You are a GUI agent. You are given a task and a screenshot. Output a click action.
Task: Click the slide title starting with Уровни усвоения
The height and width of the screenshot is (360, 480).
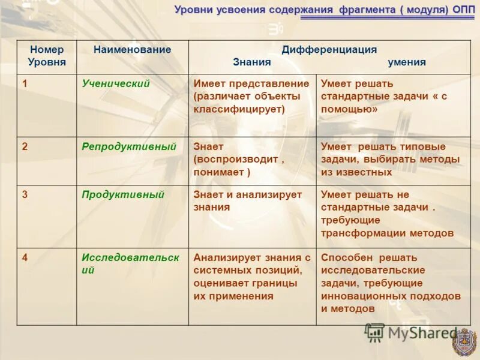tap(324, 10)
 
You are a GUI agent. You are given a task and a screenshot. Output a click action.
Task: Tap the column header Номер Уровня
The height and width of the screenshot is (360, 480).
tap(47, 56)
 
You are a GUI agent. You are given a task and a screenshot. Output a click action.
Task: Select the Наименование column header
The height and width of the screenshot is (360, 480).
tap(132, 50)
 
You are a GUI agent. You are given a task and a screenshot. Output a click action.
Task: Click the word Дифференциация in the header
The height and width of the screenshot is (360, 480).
tap(329, 50)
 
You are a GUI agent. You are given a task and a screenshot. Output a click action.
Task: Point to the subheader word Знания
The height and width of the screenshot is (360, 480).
tap(252, 62)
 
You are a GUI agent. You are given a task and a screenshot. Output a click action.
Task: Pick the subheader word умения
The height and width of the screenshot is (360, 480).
tap(407, 62)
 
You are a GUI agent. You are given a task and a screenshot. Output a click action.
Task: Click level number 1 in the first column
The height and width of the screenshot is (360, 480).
tap(25, 84)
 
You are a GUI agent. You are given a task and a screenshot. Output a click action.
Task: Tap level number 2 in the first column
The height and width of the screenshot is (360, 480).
tap(25, 146)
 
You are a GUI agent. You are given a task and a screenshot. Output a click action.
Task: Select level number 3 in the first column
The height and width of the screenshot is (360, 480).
tap(25, 194)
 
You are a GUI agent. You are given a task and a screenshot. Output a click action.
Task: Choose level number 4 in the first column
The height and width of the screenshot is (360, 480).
tap(25, 257)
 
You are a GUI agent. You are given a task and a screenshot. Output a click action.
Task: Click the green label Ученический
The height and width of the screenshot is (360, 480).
tap(116, 84)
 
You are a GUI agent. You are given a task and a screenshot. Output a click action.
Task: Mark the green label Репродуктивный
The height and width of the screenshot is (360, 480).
tap(129, 146)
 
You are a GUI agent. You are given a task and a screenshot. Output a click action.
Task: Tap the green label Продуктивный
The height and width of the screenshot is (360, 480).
tap(123, 194)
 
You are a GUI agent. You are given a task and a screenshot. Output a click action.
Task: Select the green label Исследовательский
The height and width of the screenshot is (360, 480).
tap(130, 263)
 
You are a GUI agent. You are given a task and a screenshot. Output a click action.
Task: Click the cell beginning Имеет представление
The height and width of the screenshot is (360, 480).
tap(251, 97)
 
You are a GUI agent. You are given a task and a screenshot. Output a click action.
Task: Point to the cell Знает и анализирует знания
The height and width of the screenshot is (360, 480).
tap(248, 201)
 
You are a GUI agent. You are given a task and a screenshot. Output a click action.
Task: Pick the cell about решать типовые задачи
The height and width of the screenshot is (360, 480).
tap(390, 159)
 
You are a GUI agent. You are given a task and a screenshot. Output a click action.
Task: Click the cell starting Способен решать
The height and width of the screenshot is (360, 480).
tap(391, 283)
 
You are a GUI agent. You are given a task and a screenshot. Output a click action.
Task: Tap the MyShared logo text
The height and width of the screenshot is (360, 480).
tap(414, 334)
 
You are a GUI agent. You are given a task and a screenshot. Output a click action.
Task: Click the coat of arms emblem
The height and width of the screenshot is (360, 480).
tap(464, 343)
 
